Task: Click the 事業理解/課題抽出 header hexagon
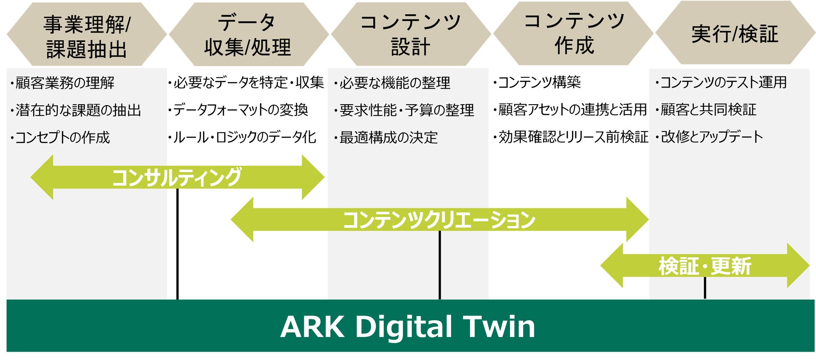[x=87, y=36]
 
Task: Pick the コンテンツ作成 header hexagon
[x=573, y=33]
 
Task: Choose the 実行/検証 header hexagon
[x=734, y=33]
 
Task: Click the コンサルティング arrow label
[x=177, y=177]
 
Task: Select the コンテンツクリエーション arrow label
[x=439, y=220]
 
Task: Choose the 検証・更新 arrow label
[x=705, y=266]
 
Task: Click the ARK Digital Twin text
[x=408, y=327]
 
